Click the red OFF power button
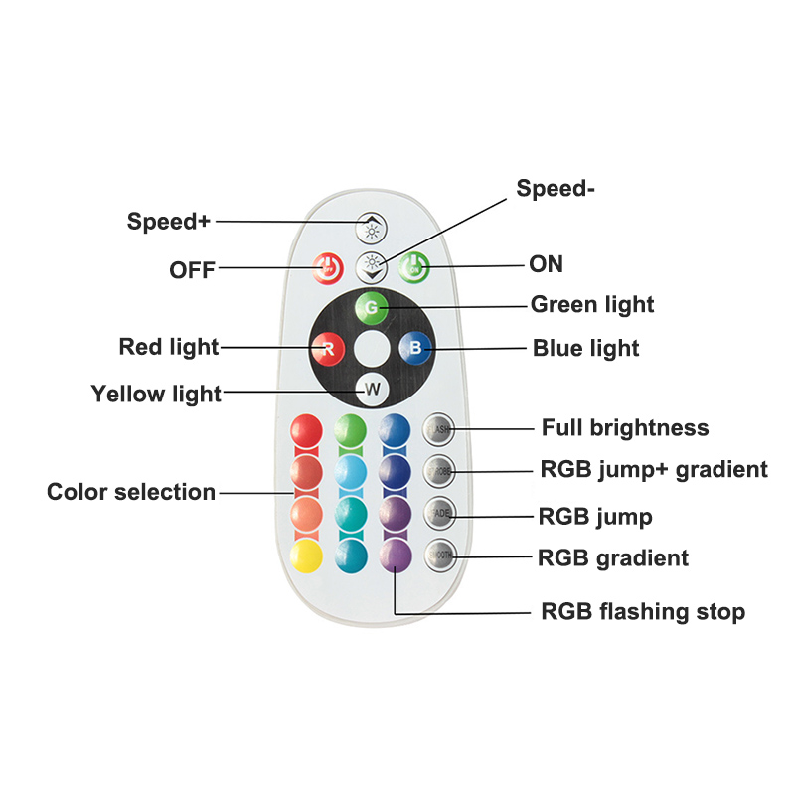coord(328,266)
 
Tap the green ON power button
coord(414,265)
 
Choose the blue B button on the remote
coord(413,348)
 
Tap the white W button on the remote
coord(371,390)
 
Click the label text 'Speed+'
coord(168,221)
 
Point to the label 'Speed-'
coord(556,189)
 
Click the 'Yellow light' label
coord(156,394)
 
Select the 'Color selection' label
coord(131,492)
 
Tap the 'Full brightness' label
coord(625,428)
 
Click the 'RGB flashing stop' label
coord(642,611)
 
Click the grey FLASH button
coord(439,428)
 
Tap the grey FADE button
coord(439,513)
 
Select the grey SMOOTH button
coord(439,555)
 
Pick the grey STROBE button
coord(439,470)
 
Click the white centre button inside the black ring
coord(371,348)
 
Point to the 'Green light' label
coord(592,304)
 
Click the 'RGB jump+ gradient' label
coord(653,469)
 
